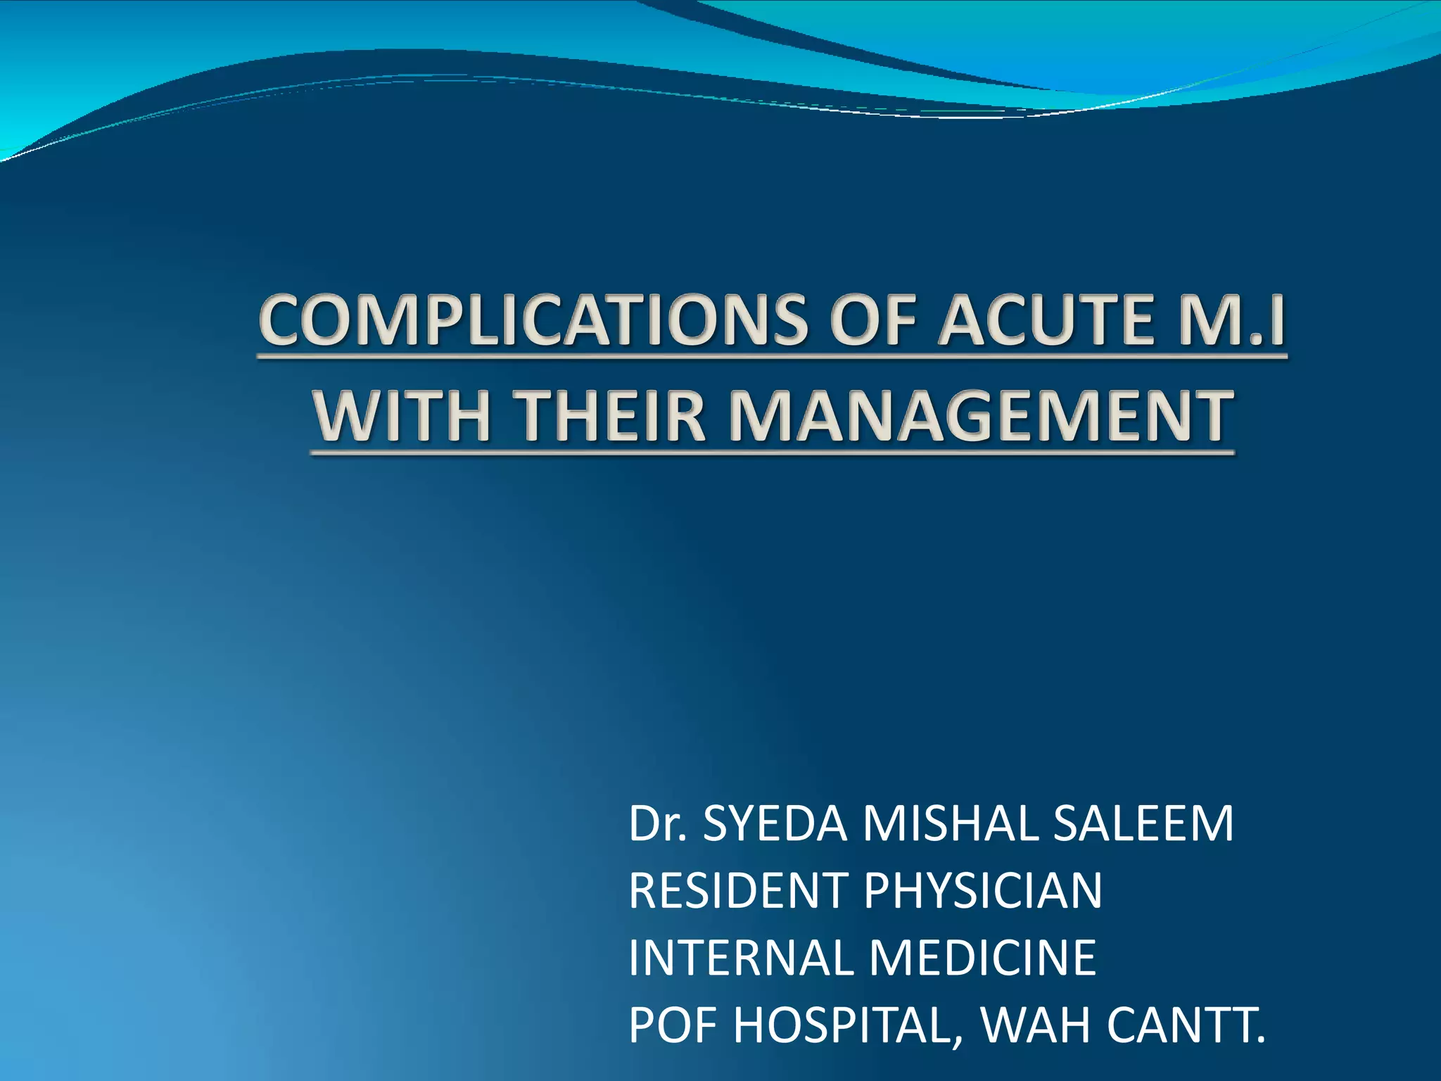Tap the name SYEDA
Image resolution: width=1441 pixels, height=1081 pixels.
click(775, 823)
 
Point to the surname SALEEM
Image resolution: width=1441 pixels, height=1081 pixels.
click(1143, 823)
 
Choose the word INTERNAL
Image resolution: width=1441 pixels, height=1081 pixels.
click(739, 958)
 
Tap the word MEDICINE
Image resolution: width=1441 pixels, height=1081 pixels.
click(982, 958)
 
